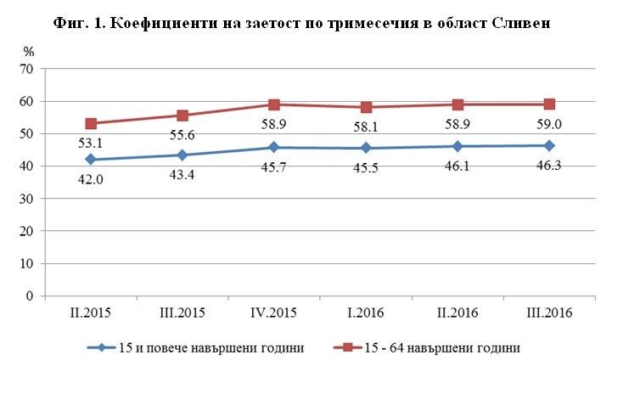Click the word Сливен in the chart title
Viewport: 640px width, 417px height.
click(x=520, y=24)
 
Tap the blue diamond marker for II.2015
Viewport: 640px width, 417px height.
click(x=91, y=160)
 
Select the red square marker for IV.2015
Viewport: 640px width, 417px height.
click(x=274, y=104)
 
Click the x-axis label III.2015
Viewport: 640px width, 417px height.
click(x=182, y=313)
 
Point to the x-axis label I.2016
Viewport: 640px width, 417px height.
click(x=366, y=313)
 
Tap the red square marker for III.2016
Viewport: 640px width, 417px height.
click(x=549, y=104)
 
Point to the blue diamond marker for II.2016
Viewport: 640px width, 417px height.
click(x=458, y=146)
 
